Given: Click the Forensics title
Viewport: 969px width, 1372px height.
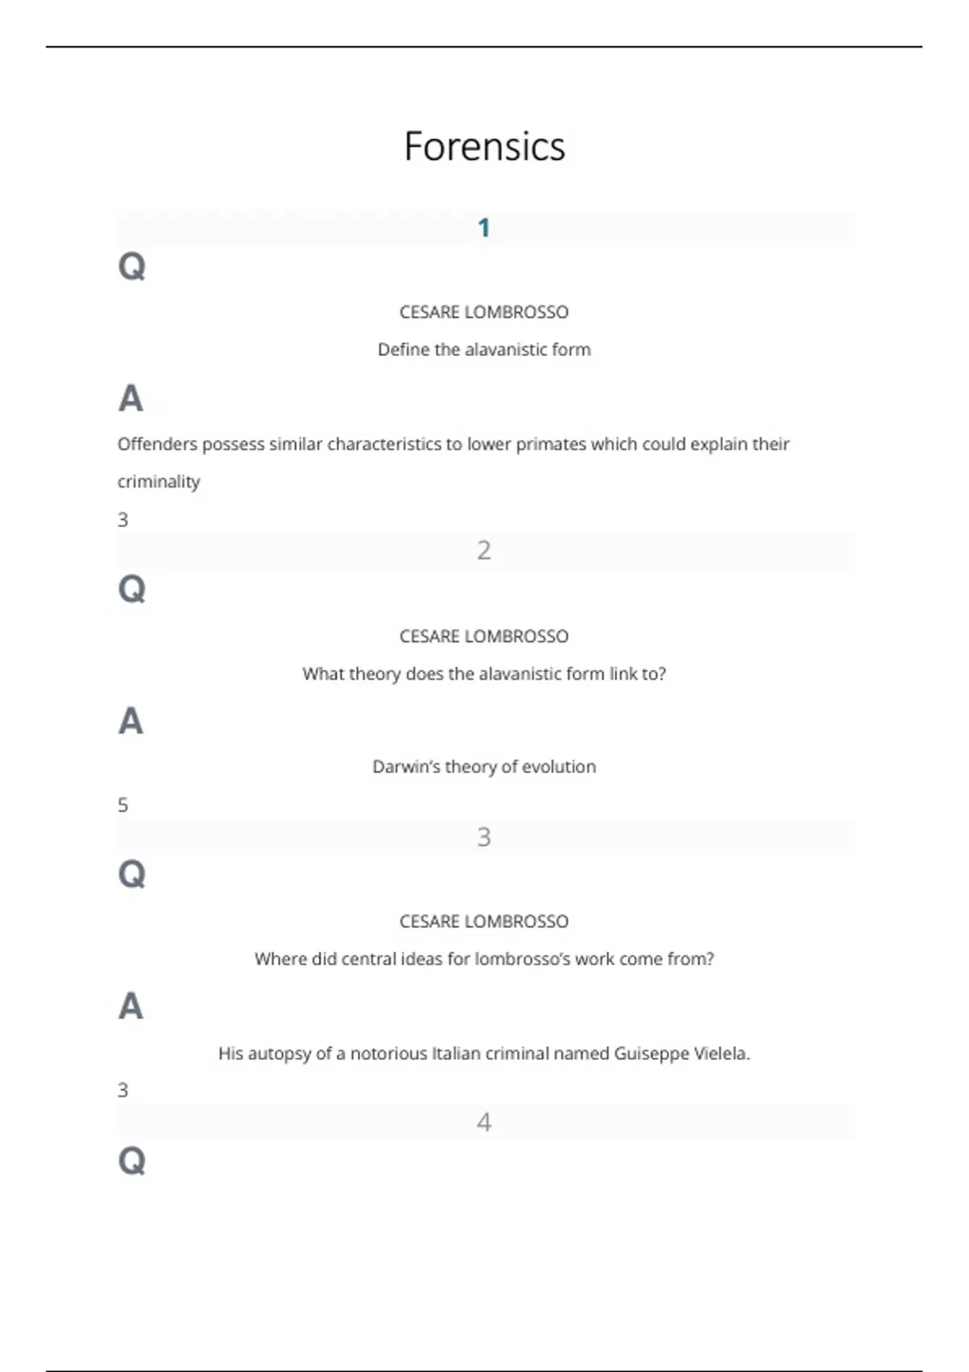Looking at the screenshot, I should coord(484,147).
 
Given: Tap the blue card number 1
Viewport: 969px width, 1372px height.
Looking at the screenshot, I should coord(484,228).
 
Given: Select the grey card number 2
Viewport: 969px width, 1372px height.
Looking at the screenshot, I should coord(484,550).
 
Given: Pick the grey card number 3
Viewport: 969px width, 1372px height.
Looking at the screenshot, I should coord(484,837).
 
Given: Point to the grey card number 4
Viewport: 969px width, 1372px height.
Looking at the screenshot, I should coord(484,1122).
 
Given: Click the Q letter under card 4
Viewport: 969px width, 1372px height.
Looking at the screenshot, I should coord(132,1161).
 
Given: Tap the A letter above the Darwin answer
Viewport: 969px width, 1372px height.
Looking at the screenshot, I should coord(131,721).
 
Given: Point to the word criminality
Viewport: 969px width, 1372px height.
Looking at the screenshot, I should coord(159,482).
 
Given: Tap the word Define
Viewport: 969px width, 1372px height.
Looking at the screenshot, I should coord(404,349).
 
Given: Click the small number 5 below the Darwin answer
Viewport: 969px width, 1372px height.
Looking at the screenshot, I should coord(123,805).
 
